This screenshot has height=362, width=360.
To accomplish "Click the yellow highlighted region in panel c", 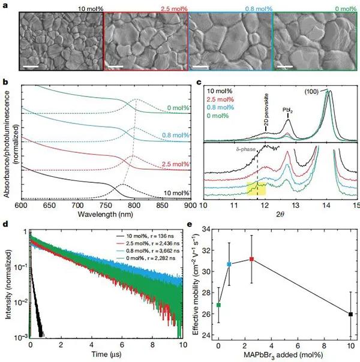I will (256, 189).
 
